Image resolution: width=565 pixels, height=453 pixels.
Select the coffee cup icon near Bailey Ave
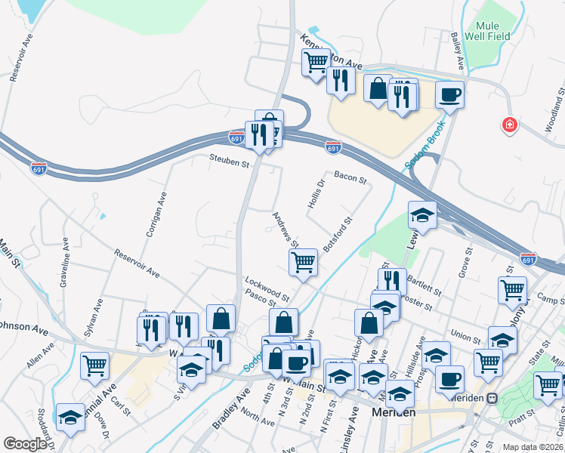tap(449, 95)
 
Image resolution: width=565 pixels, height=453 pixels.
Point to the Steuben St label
tap(230, 162)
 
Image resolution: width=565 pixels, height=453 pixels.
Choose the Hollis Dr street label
tap(316, 195)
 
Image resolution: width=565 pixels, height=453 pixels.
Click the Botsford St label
tap(338, 235)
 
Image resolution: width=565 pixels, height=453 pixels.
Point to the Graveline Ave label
tap(64, 261)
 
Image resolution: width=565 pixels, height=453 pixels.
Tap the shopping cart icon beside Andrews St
tap(303, 263)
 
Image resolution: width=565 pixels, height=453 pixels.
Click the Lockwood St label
tap(267, 288)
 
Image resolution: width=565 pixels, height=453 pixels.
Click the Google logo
tap(25, 444)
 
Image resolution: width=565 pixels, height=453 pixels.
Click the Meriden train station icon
tap(492, 398)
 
